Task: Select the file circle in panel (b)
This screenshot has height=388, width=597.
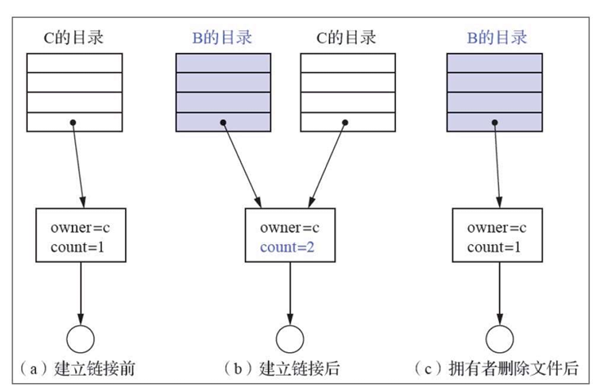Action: (289, 338)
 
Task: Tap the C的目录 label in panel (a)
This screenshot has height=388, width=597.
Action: (74, 37)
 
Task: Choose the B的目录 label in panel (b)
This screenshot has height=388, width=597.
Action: (222, 37)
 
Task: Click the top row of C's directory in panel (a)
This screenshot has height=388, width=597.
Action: (74, 63)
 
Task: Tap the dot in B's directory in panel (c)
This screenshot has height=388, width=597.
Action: (495, 123)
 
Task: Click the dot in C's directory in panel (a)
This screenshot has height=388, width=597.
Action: (74, 123)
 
